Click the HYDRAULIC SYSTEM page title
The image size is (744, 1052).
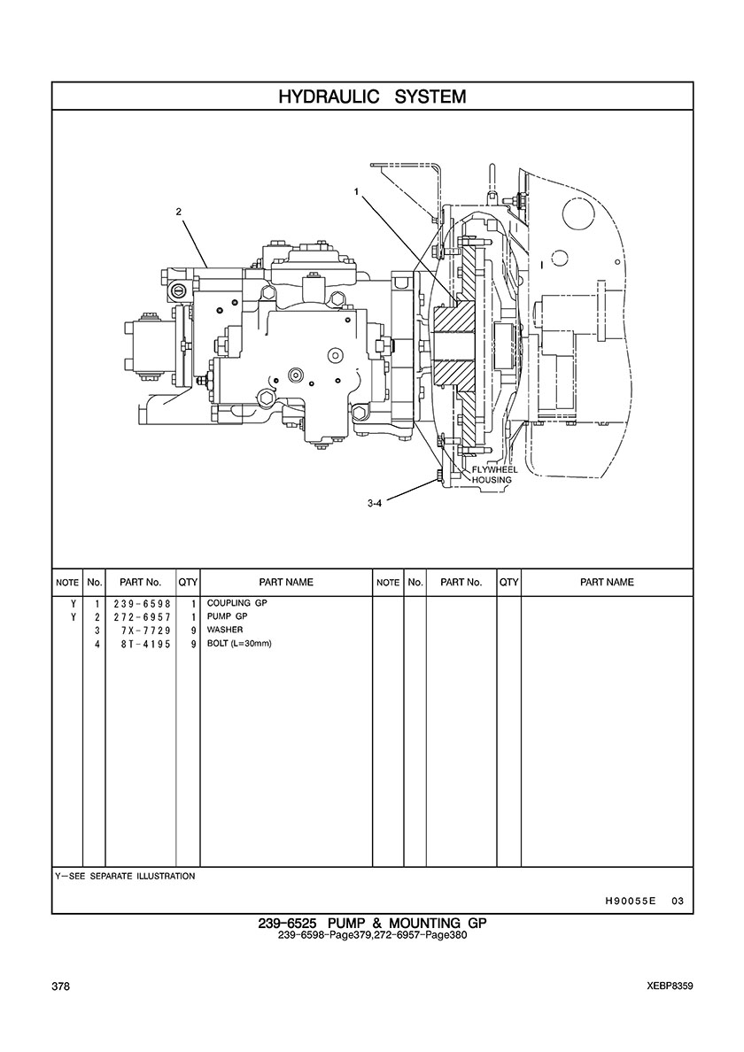click(x=372, y=97)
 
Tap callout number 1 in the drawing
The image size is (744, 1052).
click(x=357, y=191)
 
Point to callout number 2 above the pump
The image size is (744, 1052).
click(x=178, y=212)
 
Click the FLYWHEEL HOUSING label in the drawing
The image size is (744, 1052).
click(x=494, y=475)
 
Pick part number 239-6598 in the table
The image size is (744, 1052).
click(x=142, y=604)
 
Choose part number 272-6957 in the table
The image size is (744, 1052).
click(x=142, y=617)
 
